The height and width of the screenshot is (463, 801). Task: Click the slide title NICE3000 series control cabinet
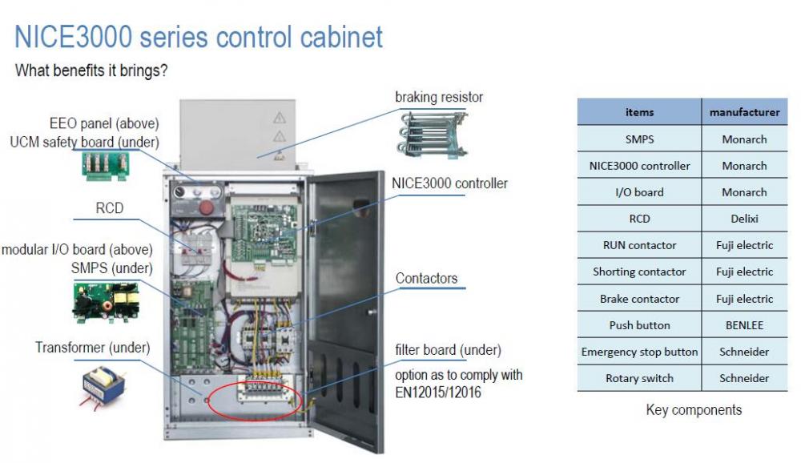pyautogui.click(x=199, y=37)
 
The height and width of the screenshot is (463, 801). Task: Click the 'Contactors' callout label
pyautogui.click(x=427, y=279)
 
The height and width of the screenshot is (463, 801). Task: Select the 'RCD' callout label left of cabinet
pyautogui.click(x=110, y=208)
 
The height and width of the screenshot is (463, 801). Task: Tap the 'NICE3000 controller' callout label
pyautogui.click(x=449, y=183)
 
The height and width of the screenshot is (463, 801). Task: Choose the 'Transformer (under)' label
pyautogui.click(x=92, y=348)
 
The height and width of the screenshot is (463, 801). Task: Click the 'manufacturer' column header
pyautogui.click(x=744, y=112)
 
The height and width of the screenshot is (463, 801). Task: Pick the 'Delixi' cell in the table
pyautogui.click(x=744, y=219)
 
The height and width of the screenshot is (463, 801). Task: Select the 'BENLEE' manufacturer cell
pyautogui.click(x=744, y=325)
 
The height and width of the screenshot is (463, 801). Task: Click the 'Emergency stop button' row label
pyautogui.click(x=639, y=352)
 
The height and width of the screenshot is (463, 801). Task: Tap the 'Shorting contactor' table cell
pyautogui.click(x=639, y=272)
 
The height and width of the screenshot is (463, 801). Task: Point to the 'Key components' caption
pyautogui.click(x=694, y=410)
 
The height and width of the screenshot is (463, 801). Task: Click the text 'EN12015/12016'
pyautogui.click(x=437, y=393)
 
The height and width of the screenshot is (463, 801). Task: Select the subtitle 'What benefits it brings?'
pyautogui.click(x=91, y=70)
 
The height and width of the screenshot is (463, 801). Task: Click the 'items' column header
pyautogui.click(x=639, y=112)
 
